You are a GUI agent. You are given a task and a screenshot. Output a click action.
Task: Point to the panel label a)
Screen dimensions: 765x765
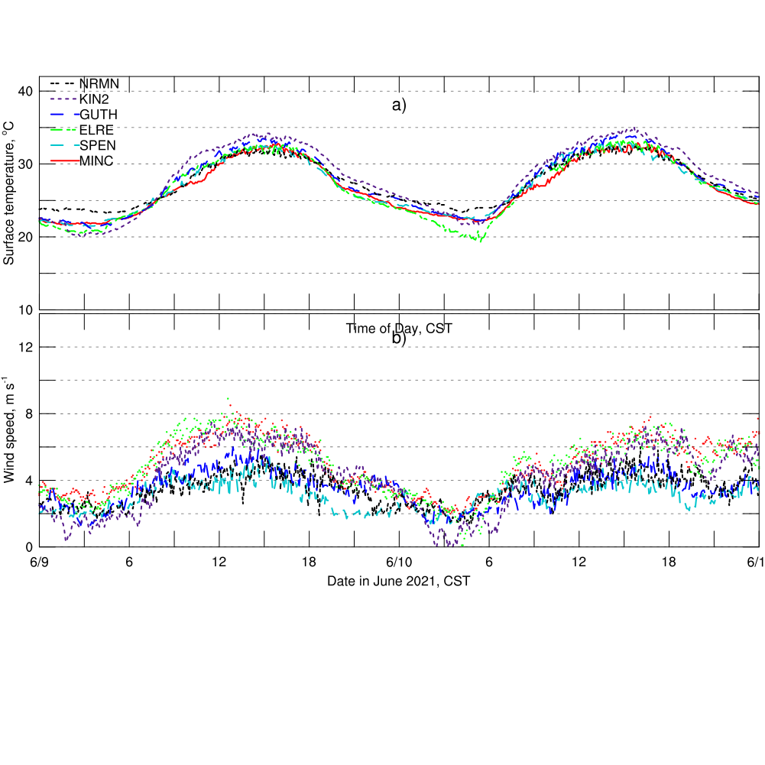click(x=399, y=105)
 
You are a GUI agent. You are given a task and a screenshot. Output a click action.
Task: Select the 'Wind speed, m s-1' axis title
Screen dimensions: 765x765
click(x=9, y=430)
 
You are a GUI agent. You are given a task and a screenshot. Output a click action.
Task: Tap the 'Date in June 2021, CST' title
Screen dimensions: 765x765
click(x=399, y=582)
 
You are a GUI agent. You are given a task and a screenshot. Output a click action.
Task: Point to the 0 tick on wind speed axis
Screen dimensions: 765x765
click(x=29, y=547)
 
